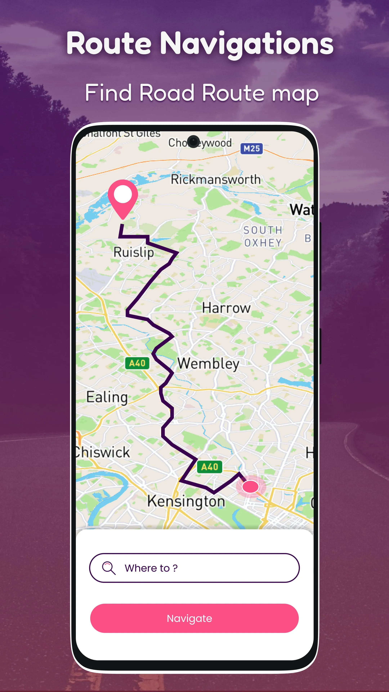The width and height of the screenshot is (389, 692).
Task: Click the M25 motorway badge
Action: tap(252, 148)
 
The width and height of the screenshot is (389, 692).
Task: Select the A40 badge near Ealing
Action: tap(137, 363)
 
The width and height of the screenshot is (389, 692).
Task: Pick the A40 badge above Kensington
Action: tap(210, 467)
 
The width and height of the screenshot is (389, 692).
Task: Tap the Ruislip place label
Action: tap(133, 252)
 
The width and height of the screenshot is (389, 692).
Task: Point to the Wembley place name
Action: tap(208, 364)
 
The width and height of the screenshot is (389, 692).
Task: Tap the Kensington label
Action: tap(186, 501)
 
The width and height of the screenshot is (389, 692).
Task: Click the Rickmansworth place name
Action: tap(216, 179)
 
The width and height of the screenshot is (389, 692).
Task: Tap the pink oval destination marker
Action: tap(251, 487)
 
